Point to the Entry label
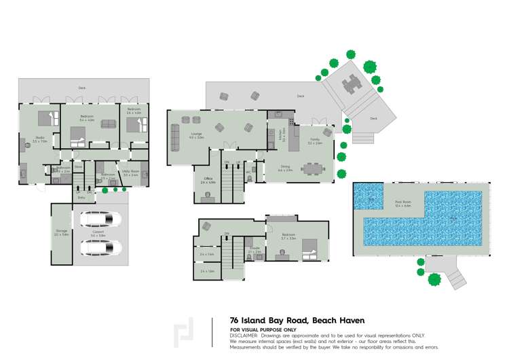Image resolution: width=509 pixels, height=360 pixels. pyautogui.click(x=81, y=197)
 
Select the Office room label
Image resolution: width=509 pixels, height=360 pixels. pyautogui.click(x=208, y=179)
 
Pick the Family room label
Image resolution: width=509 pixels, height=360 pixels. pyautogui.click(x=314, y=140)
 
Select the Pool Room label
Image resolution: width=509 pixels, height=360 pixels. pyautogui.click(x=403, y=202)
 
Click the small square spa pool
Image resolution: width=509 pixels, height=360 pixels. pyautogui.click(x=371, y=198)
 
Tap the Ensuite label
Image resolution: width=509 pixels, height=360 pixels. pyautogui.click(x=254, y=249)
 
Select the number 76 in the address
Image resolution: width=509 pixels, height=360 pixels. pyautogui.click(x=234, y=320)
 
